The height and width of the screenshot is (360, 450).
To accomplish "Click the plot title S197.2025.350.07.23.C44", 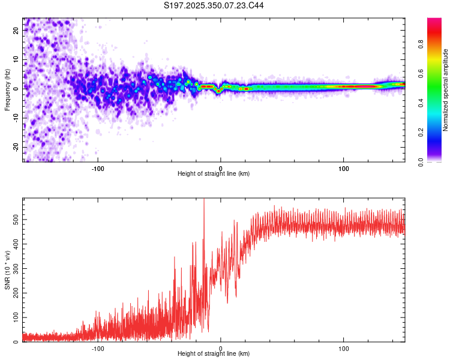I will [214, 5].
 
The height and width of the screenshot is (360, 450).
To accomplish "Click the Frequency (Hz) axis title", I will [7, 90].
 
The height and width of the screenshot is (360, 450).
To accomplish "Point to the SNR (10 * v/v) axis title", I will [7, 270].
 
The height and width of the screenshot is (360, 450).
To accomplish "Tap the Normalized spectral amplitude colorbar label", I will [446, 90].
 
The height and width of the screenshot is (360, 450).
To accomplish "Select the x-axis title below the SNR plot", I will [214, 354].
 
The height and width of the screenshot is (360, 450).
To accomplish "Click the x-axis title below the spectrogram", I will [214, 174].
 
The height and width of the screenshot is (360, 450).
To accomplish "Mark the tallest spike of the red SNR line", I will [204, 200].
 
